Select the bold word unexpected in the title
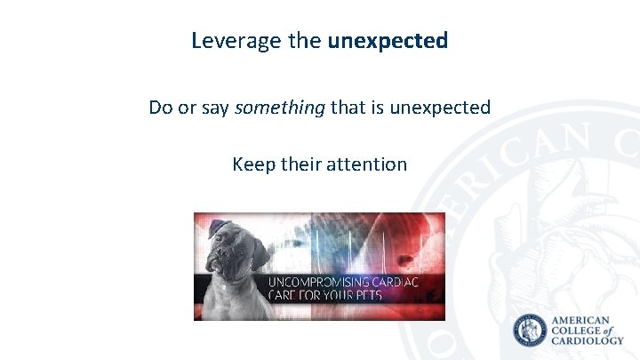point(388,41)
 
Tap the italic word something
point(279,108)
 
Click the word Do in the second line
point(161,108)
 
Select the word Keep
point(252,164)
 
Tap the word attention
point(366,164)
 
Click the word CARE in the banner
point(285,294)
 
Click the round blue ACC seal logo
point(532,331)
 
